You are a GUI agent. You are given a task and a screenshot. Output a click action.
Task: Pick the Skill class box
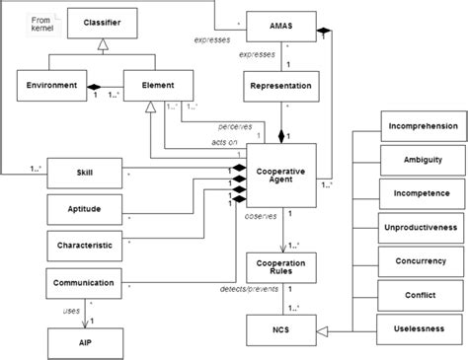pyautogui.click(x=85, y=174)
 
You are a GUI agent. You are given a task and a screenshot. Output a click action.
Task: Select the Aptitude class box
pyautogui.click(x=85, y=209)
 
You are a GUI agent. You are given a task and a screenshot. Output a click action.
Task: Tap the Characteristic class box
pyautogui.click(x=85, y=244)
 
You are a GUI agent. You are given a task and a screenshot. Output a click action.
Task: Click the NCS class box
pyautogui.click(x=279, y=329)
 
